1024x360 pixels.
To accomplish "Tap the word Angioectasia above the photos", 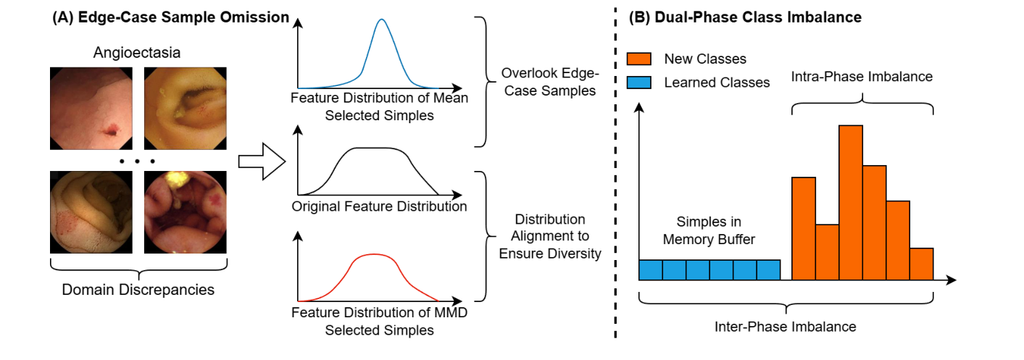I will pos(138,53).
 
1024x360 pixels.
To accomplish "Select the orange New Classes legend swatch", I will pos(641,59).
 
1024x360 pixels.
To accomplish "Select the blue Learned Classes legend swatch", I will pos(641,82).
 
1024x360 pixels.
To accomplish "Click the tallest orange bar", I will pos(851,202).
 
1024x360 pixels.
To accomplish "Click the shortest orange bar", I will pos(921,264).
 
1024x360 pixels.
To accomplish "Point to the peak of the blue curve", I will pos(382,20).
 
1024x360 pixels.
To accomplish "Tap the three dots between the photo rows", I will pos(138,160).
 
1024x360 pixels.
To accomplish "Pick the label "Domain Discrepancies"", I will pos(138,290).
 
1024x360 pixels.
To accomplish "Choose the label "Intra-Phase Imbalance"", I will pos(862,77).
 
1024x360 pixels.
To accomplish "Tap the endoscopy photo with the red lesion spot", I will pos(91,106).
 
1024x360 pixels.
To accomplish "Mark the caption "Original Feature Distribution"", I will pos(379,207).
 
